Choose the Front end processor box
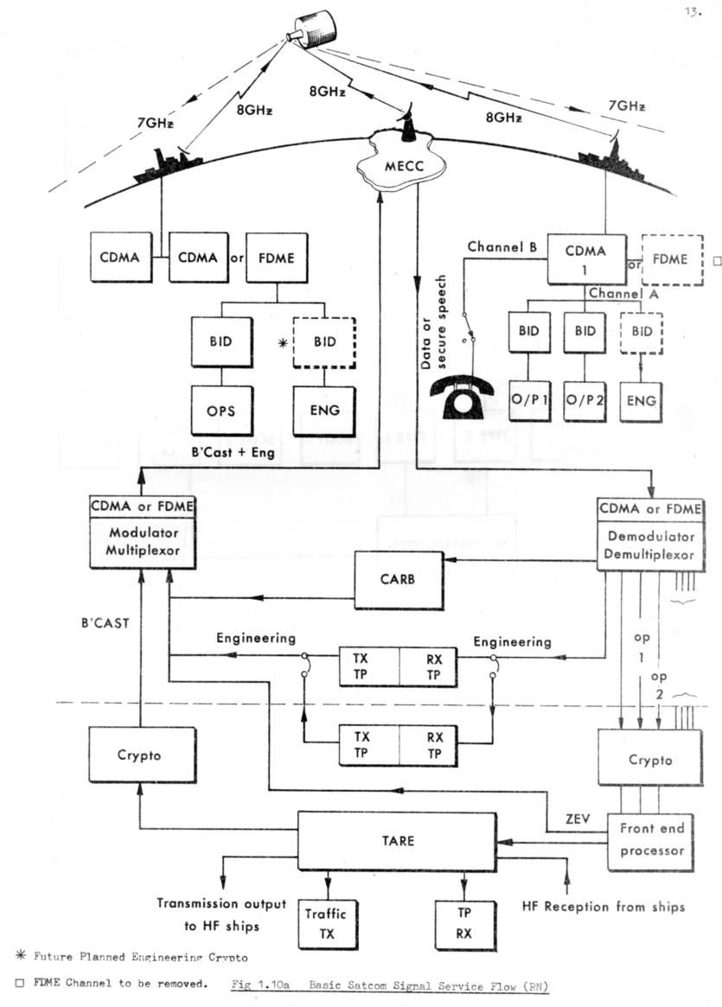pyautogui.click(x=652, y=839)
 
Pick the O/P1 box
pyautogui.click(x=529, y=404)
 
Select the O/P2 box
pyautogui.click(x=585, y=404)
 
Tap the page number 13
pyautogui.click(x=693, y=12)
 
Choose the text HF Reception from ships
pyautogui.click(x=604, y=907)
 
